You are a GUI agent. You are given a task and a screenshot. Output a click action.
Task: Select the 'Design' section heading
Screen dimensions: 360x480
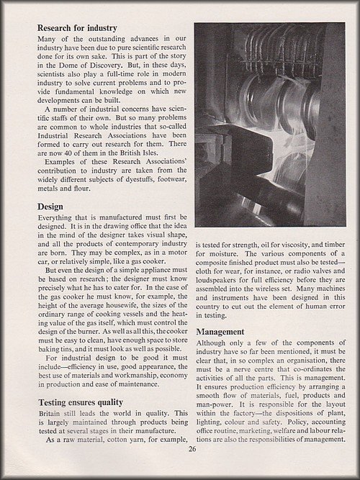52,207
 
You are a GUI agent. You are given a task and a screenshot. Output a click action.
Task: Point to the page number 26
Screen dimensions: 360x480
192,450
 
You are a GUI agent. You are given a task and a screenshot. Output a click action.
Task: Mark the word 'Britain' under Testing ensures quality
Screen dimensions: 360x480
52,418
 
